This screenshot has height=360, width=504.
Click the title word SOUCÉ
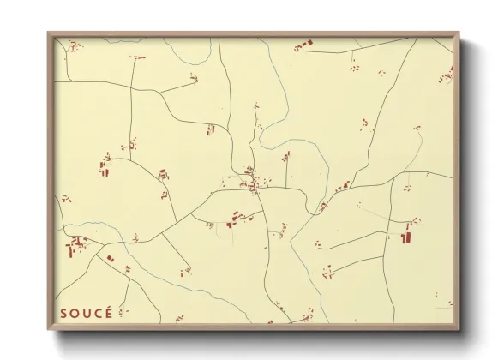pos(87,313)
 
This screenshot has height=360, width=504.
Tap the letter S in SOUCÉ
pos(64,313)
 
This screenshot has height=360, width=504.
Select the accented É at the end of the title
pos(109,312)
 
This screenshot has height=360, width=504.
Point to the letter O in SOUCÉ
pos(75,313)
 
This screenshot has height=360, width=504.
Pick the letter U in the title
pos(87,313)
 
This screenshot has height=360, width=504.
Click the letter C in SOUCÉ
pos(98,313)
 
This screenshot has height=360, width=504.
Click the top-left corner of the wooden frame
pos(49,33)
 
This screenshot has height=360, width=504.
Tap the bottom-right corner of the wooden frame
pos(459,327)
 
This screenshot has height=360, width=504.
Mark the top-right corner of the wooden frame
pos(459,33)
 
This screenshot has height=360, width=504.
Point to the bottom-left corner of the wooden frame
pos(49,327)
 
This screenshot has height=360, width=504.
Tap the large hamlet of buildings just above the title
pos(77,247)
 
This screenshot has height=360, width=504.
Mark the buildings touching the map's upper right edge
pos(446,77)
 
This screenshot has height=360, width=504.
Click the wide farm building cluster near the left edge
pos(105,165)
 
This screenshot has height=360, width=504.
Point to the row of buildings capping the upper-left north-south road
pos(138,57)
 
